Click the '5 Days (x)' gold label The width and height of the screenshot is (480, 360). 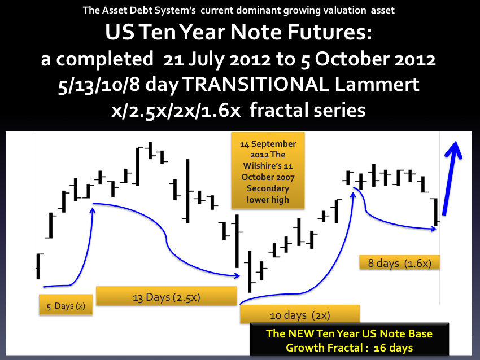(66, 305)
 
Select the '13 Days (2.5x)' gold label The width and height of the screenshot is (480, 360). (167, 296)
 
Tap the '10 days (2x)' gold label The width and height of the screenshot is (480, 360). (300, 314)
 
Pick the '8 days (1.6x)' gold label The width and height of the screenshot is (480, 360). (399, 262)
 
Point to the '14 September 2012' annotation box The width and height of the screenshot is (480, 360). (268, 170)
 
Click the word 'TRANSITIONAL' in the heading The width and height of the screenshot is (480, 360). (256, 84)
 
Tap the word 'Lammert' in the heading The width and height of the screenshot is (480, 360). (377, 84)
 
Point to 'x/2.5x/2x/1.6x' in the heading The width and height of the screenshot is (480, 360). (176, 111)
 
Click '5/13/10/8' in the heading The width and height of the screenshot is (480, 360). (99, 85)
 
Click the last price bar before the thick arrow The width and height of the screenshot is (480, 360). (436, 212)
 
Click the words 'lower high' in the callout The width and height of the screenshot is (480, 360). (268, 200)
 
